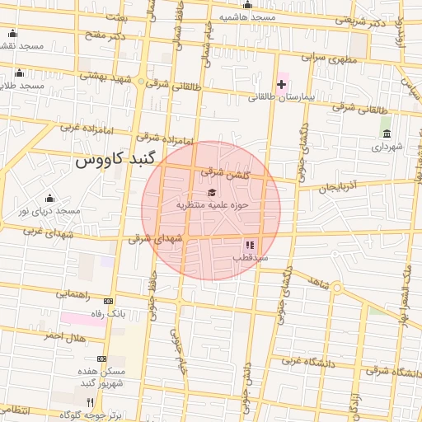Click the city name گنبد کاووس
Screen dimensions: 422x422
(x=115, y=160)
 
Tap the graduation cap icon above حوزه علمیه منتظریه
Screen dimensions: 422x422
(x=212, y=192)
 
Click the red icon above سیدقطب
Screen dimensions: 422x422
(x=249, y=245)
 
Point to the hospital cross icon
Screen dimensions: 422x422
(x=282, y=85)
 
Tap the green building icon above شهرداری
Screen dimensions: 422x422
(x=386, y=134)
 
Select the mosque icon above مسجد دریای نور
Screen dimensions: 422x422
(x=50, y=199)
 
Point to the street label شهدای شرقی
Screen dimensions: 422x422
(x=156, y=239)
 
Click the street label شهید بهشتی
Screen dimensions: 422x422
(x=105, y=77)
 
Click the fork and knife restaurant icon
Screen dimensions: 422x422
(x=91, y=402)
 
